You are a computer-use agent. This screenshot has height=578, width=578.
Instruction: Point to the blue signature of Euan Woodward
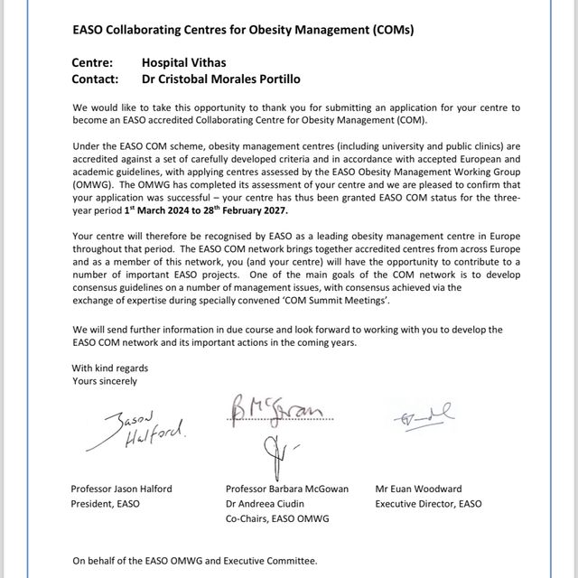(x=422, y=416)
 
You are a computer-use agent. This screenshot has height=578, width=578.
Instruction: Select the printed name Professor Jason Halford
(x=121, y=489)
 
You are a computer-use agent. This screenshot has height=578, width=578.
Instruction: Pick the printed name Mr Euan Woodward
(x=420, y=489)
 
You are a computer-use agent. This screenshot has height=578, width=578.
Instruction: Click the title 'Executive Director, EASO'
(x=428, y=503)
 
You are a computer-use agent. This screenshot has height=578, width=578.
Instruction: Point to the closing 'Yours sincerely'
(x=105, y=381)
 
